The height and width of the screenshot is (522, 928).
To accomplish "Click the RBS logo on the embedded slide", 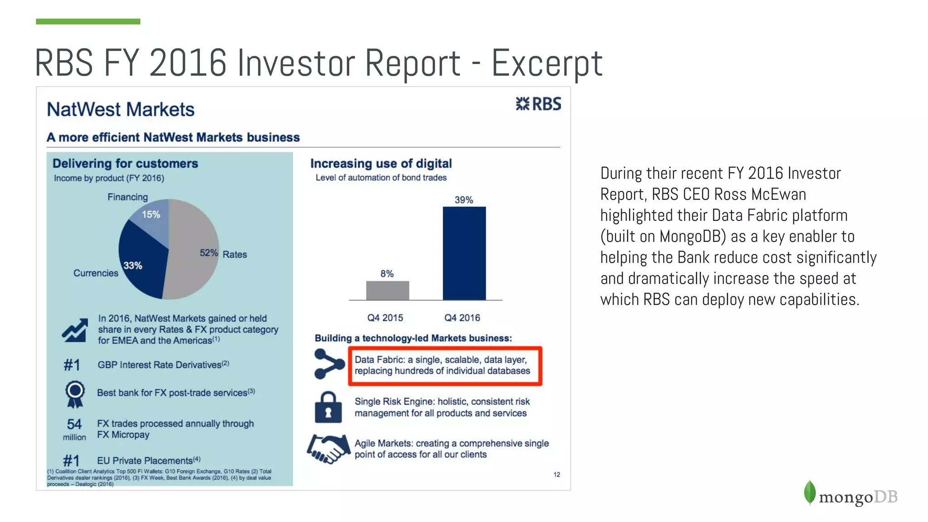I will point(538,104).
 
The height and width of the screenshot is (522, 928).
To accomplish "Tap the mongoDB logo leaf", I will point(810,493).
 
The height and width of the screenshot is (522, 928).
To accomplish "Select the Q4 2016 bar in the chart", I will point(464,253).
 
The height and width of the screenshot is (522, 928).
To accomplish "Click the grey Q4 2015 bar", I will point(387,290).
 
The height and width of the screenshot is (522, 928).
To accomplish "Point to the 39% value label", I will point(464,200).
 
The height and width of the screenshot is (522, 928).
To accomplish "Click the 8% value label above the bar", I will point(387,274).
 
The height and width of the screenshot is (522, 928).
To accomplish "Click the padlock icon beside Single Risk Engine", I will point(328,407).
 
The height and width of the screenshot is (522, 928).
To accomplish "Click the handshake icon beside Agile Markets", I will point(329,449).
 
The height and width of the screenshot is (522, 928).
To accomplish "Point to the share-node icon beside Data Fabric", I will point(329,364).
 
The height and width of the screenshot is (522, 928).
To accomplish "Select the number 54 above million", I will point(74,424).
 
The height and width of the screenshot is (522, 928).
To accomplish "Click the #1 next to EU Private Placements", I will point(72,460).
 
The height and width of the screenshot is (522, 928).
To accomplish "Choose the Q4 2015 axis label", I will point(385,318).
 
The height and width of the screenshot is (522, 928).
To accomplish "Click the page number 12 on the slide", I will point(556,474).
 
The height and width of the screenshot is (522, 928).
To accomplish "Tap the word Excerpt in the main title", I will point(547,63).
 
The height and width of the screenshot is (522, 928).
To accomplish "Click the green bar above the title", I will point(88,21).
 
